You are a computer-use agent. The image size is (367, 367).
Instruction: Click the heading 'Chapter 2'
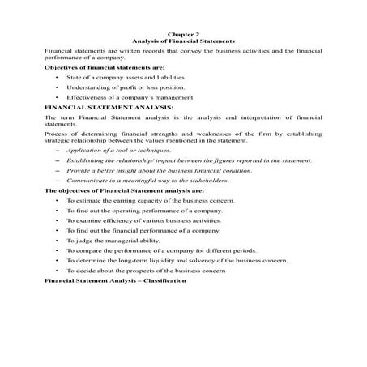[182, 33]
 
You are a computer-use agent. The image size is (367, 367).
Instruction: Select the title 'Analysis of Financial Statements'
[182, 40]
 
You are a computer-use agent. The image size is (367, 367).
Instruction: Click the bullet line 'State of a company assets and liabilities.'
[120, 77]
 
